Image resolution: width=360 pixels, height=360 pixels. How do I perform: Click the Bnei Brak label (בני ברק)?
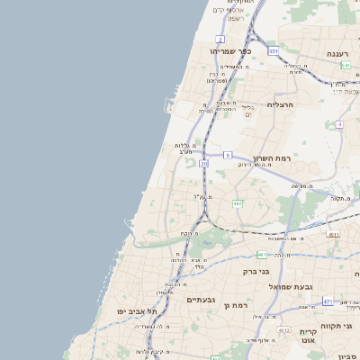257,271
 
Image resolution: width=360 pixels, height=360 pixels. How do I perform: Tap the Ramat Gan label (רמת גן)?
237,306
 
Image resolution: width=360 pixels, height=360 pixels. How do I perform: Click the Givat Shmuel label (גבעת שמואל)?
292,286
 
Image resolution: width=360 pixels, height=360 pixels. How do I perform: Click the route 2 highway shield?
220,40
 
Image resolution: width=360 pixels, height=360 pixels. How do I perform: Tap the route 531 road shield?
273,51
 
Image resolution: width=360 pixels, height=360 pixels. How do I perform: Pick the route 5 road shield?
228,156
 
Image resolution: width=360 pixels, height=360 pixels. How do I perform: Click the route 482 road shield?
238,204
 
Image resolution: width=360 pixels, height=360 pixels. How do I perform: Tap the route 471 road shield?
328,301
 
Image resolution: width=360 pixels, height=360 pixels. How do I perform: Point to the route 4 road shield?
340,124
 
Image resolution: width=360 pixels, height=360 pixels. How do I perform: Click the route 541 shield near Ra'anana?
346,65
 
